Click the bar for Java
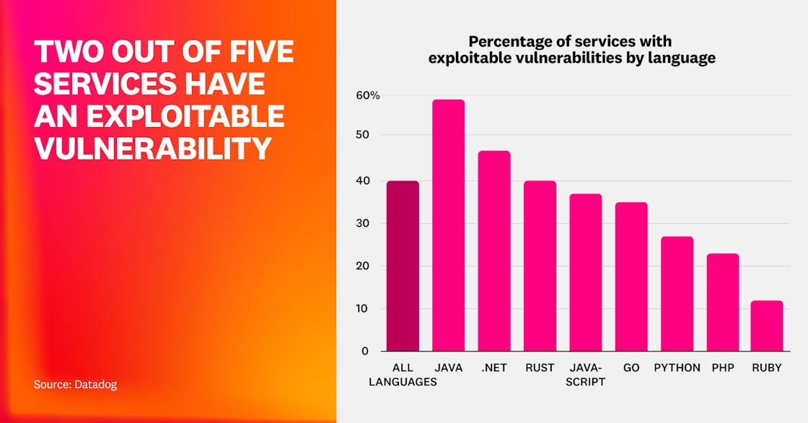pyautogui.click(x=448, y=225)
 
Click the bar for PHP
pyautogui.click(x=722, y=302)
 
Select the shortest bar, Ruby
pyautogui.click(x=767, y=326)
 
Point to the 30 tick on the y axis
pyautogui.click(x=362, y=223)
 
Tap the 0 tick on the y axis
pyautogui.click(x=365, y=351)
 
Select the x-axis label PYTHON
pyautogui.click(x=677, y=367)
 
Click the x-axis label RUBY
pyautogui.click(x=767, y=367)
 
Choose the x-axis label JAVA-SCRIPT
pyautogui.click(x=585, y=375)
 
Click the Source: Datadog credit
pyautogui.click(x=75, y=385)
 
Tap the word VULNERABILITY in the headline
pyautogui.click(x=153, y=148)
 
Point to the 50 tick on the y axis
pyautogui.click(x=362, y=135)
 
